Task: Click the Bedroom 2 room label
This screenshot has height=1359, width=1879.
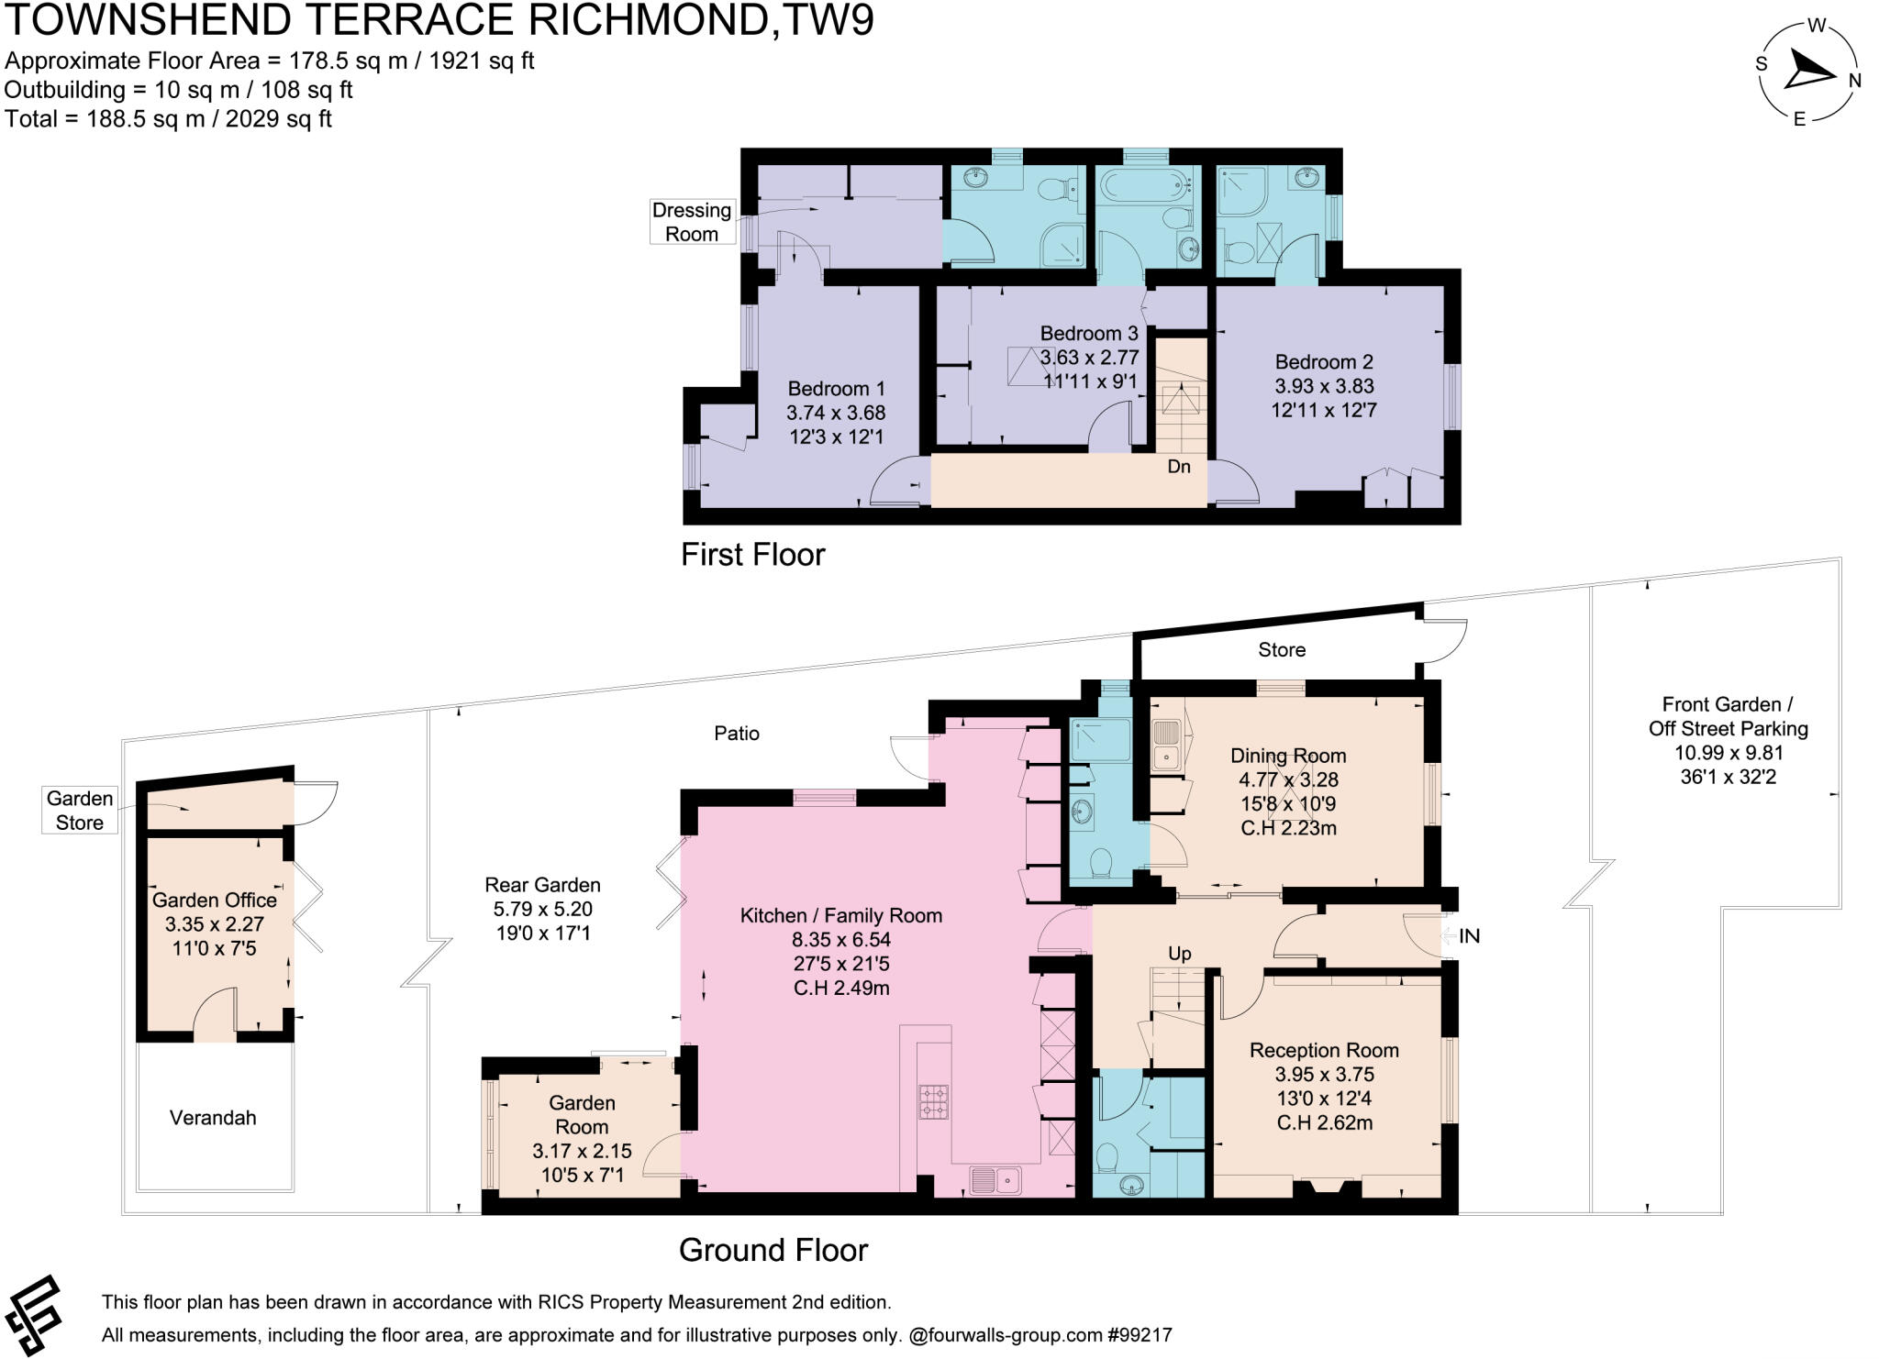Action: (x=1323, y=362)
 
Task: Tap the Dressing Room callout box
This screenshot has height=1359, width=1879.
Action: (x=691, y=222)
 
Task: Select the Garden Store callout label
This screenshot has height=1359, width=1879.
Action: (x=80, y=811)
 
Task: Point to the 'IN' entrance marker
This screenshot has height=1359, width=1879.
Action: (x=1469, y=936)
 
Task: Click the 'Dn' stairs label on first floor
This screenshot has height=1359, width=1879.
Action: (x=1178, y=467)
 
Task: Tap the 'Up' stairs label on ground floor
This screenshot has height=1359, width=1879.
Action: (x=1179, y=954)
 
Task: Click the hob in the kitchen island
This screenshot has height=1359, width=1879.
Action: (x=934, y=1101)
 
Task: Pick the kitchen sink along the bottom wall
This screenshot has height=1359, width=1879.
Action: (x=995, y=1179)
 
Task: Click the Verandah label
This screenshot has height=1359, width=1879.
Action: (x=213, y=1118)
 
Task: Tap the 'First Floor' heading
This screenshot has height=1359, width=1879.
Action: (x=752, y=555)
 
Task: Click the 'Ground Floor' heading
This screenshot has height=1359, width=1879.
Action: (x=773, y=1250)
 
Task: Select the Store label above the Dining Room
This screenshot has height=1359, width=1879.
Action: (x=1281, y=650)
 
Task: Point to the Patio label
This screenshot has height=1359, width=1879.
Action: (x=737, y=734)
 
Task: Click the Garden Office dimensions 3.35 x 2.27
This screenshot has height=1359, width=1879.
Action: (x=214, y=924)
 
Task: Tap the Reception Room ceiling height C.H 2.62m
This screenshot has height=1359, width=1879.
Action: (x=1324, y=1122)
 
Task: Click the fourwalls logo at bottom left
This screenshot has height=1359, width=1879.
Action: (x=33, y=1315)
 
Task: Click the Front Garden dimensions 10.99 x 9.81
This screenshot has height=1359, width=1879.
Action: (x=1728, y=753)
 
